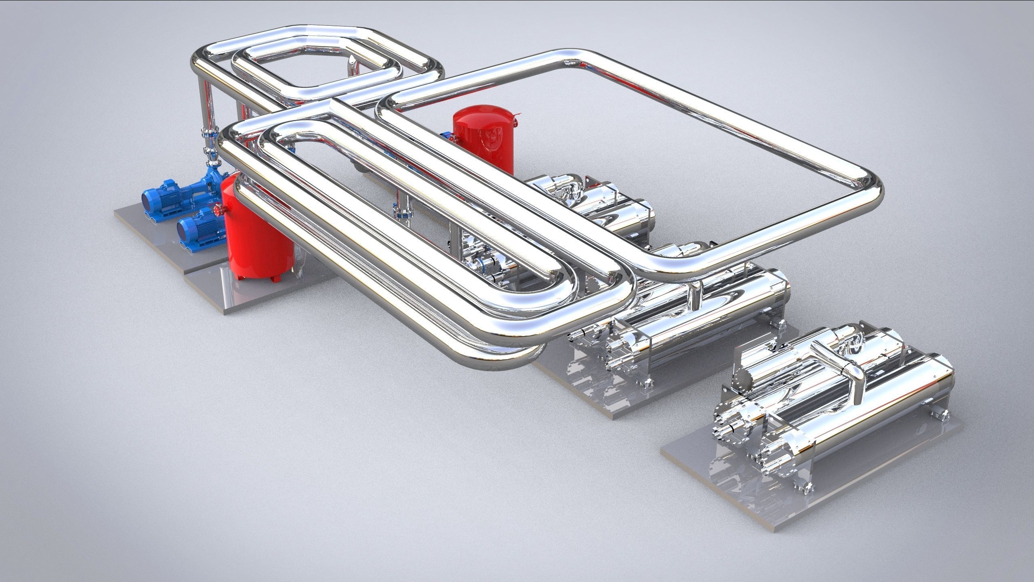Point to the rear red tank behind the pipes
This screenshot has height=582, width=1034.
[483, 137]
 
